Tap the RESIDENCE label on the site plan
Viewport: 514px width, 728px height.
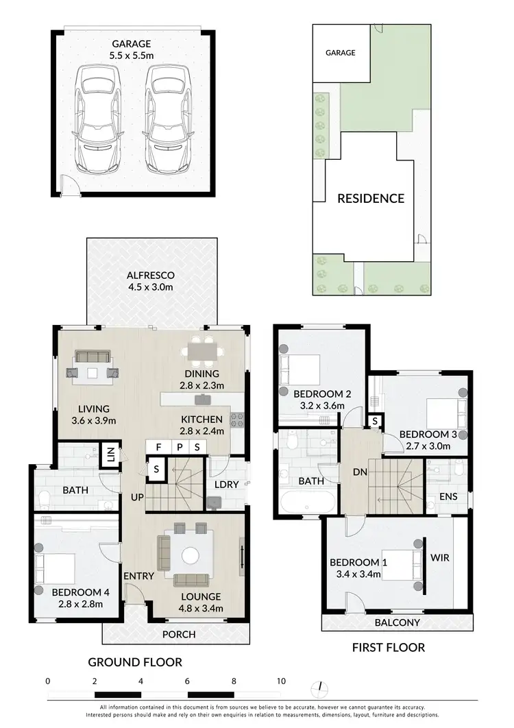coord(370,199)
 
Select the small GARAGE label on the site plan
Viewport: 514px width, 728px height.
coord(340,53)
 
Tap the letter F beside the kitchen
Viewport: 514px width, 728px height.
coord(159,447)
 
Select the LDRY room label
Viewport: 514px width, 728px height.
coord(227,485)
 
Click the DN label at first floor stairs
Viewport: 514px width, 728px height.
coord(356,473)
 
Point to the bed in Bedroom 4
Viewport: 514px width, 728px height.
coord(56,568)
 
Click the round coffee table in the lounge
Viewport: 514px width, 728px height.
coord(188,554)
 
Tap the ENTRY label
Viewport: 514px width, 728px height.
coord(138,576)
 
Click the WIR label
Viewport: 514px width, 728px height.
coord(439,557)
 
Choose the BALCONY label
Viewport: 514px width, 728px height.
coord(397,623)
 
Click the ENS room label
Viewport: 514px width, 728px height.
coord(448,497)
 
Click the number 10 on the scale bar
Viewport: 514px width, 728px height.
coord(281,681)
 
